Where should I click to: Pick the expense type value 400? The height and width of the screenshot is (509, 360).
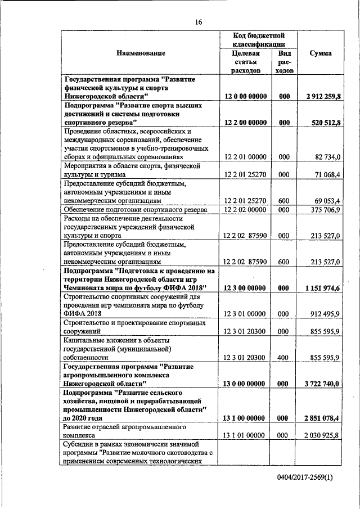[x=284, y=357]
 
